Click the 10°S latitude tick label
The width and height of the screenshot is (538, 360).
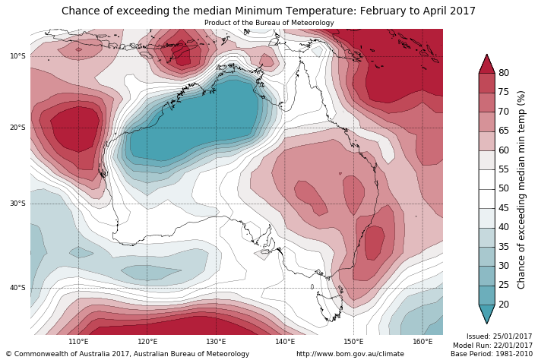pos(17,56)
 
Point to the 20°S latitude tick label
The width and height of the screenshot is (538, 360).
pos(17,128)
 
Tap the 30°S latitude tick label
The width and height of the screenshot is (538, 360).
pos(17,204)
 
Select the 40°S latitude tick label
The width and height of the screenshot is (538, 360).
pos(17,288)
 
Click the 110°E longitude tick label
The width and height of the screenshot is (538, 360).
pos(78,342)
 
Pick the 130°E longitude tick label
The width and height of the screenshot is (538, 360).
pos(216,342)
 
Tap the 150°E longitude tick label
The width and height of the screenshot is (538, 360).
pos(353,342)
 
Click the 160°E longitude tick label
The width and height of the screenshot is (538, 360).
pos(422,342)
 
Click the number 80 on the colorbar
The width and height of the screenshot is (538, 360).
pos(504,73)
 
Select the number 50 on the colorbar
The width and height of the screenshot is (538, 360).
pos(504,188)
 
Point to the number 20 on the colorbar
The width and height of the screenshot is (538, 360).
pos(504,305)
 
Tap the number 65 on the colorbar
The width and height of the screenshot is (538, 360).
pos(504,131)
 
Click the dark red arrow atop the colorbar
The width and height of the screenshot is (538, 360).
pos(486,64)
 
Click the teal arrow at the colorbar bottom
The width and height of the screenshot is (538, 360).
pos(486,314)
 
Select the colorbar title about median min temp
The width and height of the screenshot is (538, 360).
pos(521,189)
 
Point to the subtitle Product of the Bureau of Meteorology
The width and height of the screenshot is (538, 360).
pos(269,23)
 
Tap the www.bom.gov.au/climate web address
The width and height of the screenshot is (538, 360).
pos(350,354)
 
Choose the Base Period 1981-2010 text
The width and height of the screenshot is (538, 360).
pos(492,354)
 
